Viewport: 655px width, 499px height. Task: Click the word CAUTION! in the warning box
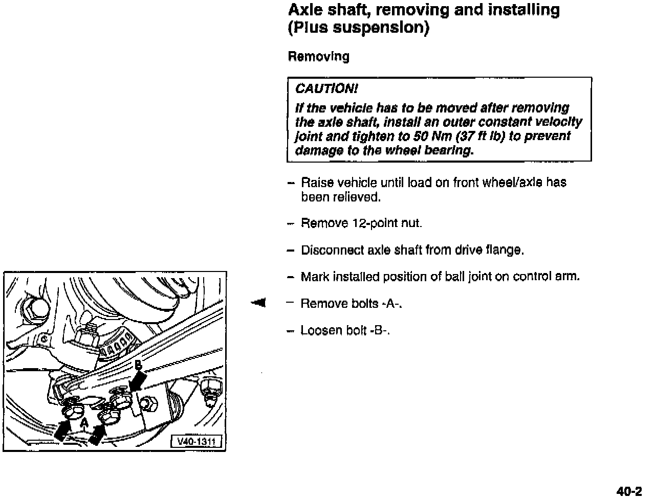[326, 89]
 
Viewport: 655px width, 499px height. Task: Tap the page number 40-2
[629, 491]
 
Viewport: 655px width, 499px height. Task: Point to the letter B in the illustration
[138, 365]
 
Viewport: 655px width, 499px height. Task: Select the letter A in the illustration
[83, 422]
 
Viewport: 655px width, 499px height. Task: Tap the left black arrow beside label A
[62, 429]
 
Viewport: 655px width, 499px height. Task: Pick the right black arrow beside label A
[97, 433]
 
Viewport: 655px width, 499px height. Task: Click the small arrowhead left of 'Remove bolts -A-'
[258, 303]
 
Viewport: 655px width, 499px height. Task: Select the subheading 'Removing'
[318, 56]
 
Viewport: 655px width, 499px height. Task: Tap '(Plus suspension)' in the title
[358, 28]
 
